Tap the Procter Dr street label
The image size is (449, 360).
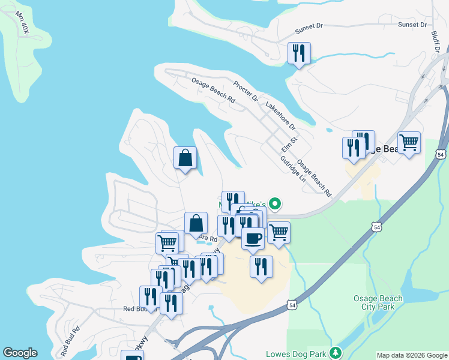coord(246,91)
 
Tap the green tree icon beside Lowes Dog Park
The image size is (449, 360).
coord(337,352)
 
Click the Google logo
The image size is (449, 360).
coord(20,353)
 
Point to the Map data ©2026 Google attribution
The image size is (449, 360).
coord(411,355)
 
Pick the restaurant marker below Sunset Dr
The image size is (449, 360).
coord(299,53)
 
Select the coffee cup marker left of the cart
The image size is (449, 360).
coord(253,238)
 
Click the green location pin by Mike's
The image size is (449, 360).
coord(275,205)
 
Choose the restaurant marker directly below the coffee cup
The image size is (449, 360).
coord(261,266)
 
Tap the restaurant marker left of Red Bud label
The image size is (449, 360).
coord(151,296)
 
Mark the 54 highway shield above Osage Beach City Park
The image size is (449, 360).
coord(376,227)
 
